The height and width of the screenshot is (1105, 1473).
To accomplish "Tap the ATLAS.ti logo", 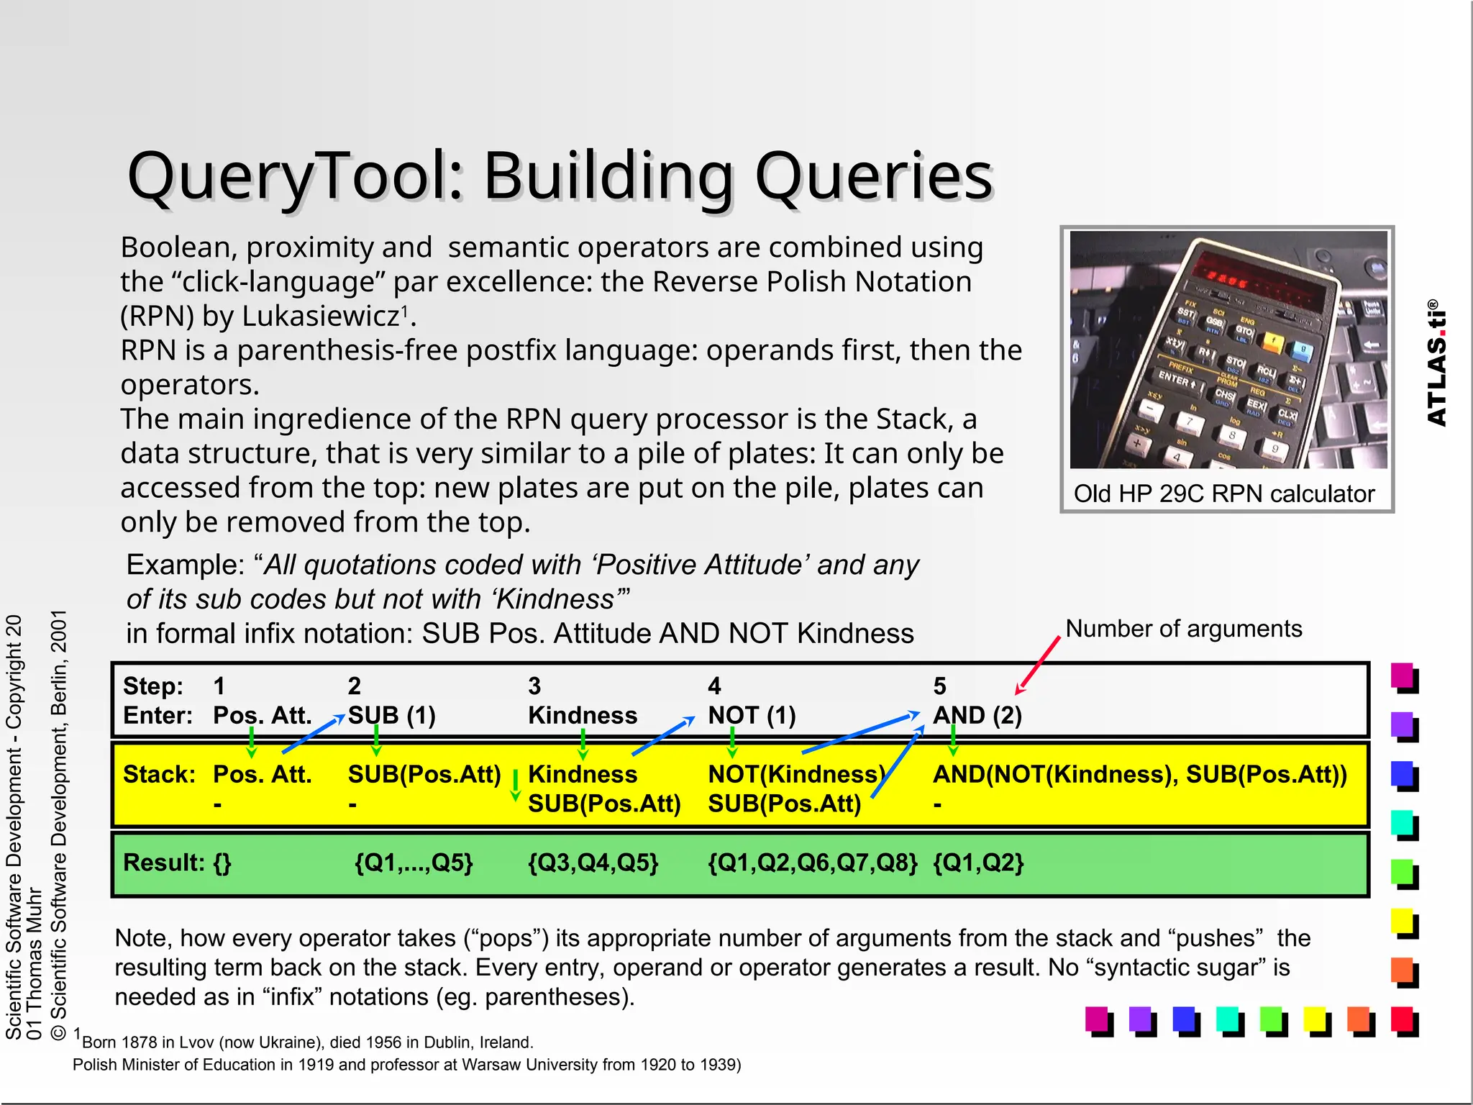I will [x=1436, y=363].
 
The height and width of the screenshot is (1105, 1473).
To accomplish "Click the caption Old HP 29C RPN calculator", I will [x=1223, y=494].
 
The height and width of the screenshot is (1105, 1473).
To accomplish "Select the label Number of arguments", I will [x=1183, y=629].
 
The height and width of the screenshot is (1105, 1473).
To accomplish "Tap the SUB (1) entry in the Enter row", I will [x=392, y=715].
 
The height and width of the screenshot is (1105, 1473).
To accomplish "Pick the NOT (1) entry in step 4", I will [x=752, y=715].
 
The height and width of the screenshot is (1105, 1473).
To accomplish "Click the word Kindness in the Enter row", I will [x=583, y=715].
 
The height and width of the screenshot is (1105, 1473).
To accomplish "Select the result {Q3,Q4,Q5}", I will [x=593, y=863].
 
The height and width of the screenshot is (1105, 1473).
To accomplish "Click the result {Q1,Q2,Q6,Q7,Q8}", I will [x=813, y=863].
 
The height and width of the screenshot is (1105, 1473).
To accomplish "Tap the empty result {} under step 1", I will [x=222, y=863].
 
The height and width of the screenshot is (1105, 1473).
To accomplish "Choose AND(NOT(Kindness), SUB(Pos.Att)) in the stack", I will [x=1139, y=774].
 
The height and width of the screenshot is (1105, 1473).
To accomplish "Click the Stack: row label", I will [x=159, y=774].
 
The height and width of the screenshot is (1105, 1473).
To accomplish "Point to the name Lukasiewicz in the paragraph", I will [x=320, y=316].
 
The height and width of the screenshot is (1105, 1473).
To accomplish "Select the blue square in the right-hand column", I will [x=1402, y=773].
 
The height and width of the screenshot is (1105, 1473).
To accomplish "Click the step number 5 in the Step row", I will [x=939, y=686].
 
